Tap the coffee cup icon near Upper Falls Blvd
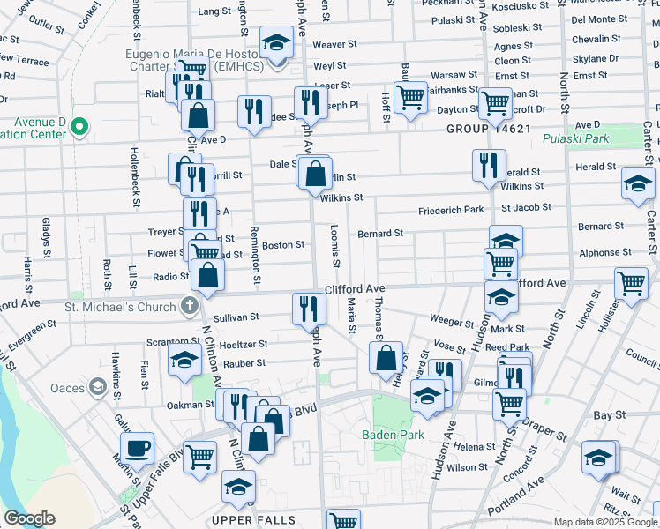tap(137, 448)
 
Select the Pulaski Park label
tap(575, 139)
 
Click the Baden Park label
tap(393, 434)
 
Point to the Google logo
tap(29, 518)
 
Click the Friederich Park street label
tap(451, 210)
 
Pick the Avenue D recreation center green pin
tap(79, 128)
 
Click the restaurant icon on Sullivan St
tap(309, 307)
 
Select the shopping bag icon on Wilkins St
tap(315, 173)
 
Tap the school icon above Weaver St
tap(276, 41)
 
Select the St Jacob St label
tap(526, 207)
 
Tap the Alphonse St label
tap(599, 252)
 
